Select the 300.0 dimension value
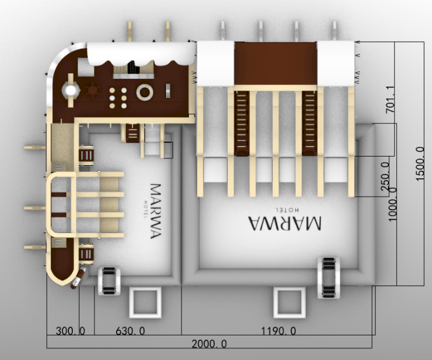pos(70,331)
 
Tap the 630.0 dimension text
pos(130,331)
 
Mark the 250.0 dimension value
pos(385,174)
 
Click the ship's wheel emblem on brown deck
pos(93,91)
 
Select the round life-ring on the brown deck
pos(145,93)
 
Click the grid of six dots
pos(118,97)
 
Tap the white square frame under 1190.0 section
pos(290,302)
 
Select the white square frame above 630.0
pos(146,301)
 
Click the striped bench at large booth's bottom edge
pos(329,277)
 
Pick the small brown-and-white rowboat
pos(78,278)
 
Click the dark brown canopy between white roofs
pos(275,63)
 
